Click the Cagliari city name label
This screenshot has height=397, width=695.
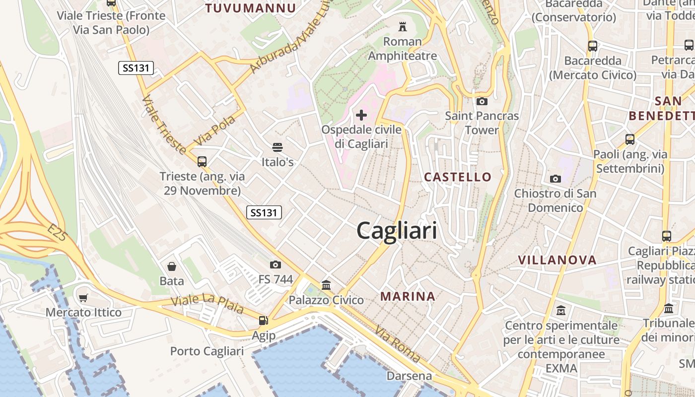pyautogui.click(x=397, y=231)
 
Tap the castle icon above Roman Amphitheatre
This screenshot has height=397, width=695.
pyautogui.click(x=402, y=26)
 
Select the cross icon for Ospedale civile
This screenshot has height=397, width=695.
pyautogui.click(x=361, y=115)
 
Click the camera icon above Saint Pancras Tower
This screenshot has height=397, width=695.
pyautogui.click(x=482, y=101)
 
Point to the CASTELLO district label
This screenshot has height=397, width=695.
pyautogui.click(x=458, y=177)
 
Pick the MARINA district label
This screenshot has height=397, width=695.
pyautogui.click(x=408, y=297)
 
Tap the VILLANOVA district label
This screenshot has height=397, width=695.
pyautogui.click(x=557, y=260)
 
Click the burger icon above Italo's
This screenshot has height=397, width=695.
pyautogui.click(x=277, y=147)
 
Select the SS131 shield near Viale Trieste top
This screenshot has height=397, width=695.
pyautogui.click(x=136, y=68)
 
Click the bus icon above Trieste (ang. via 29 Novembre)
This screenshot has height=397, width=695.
pyautogui.click(x=202, y=161)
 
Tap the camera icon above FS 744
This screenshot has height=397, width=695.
pyautogui.click(x=276, y=265)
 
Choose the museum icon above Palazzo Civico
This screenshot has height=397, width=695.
pyautogui.click(x=326, y=285)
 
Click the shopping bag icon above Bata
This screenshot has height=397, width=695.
pyautogui.click(x=172, y=266)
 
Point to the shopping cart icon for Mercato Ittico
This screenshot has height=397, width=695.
pyautogui.click(x=83, y=298)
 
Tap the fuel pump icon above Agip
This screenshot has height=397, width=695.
pyautogui.click(x=263, y=321)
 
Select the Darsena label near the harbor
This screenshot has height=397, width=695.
pyautogui.click(x=409, y=376)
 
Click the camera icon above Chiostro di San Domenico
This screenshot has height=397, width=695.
pyautogui.click(x=555, y=179)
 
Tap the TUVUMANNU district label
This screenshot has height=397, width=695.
pyautogui.click(x=250, y=8)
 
